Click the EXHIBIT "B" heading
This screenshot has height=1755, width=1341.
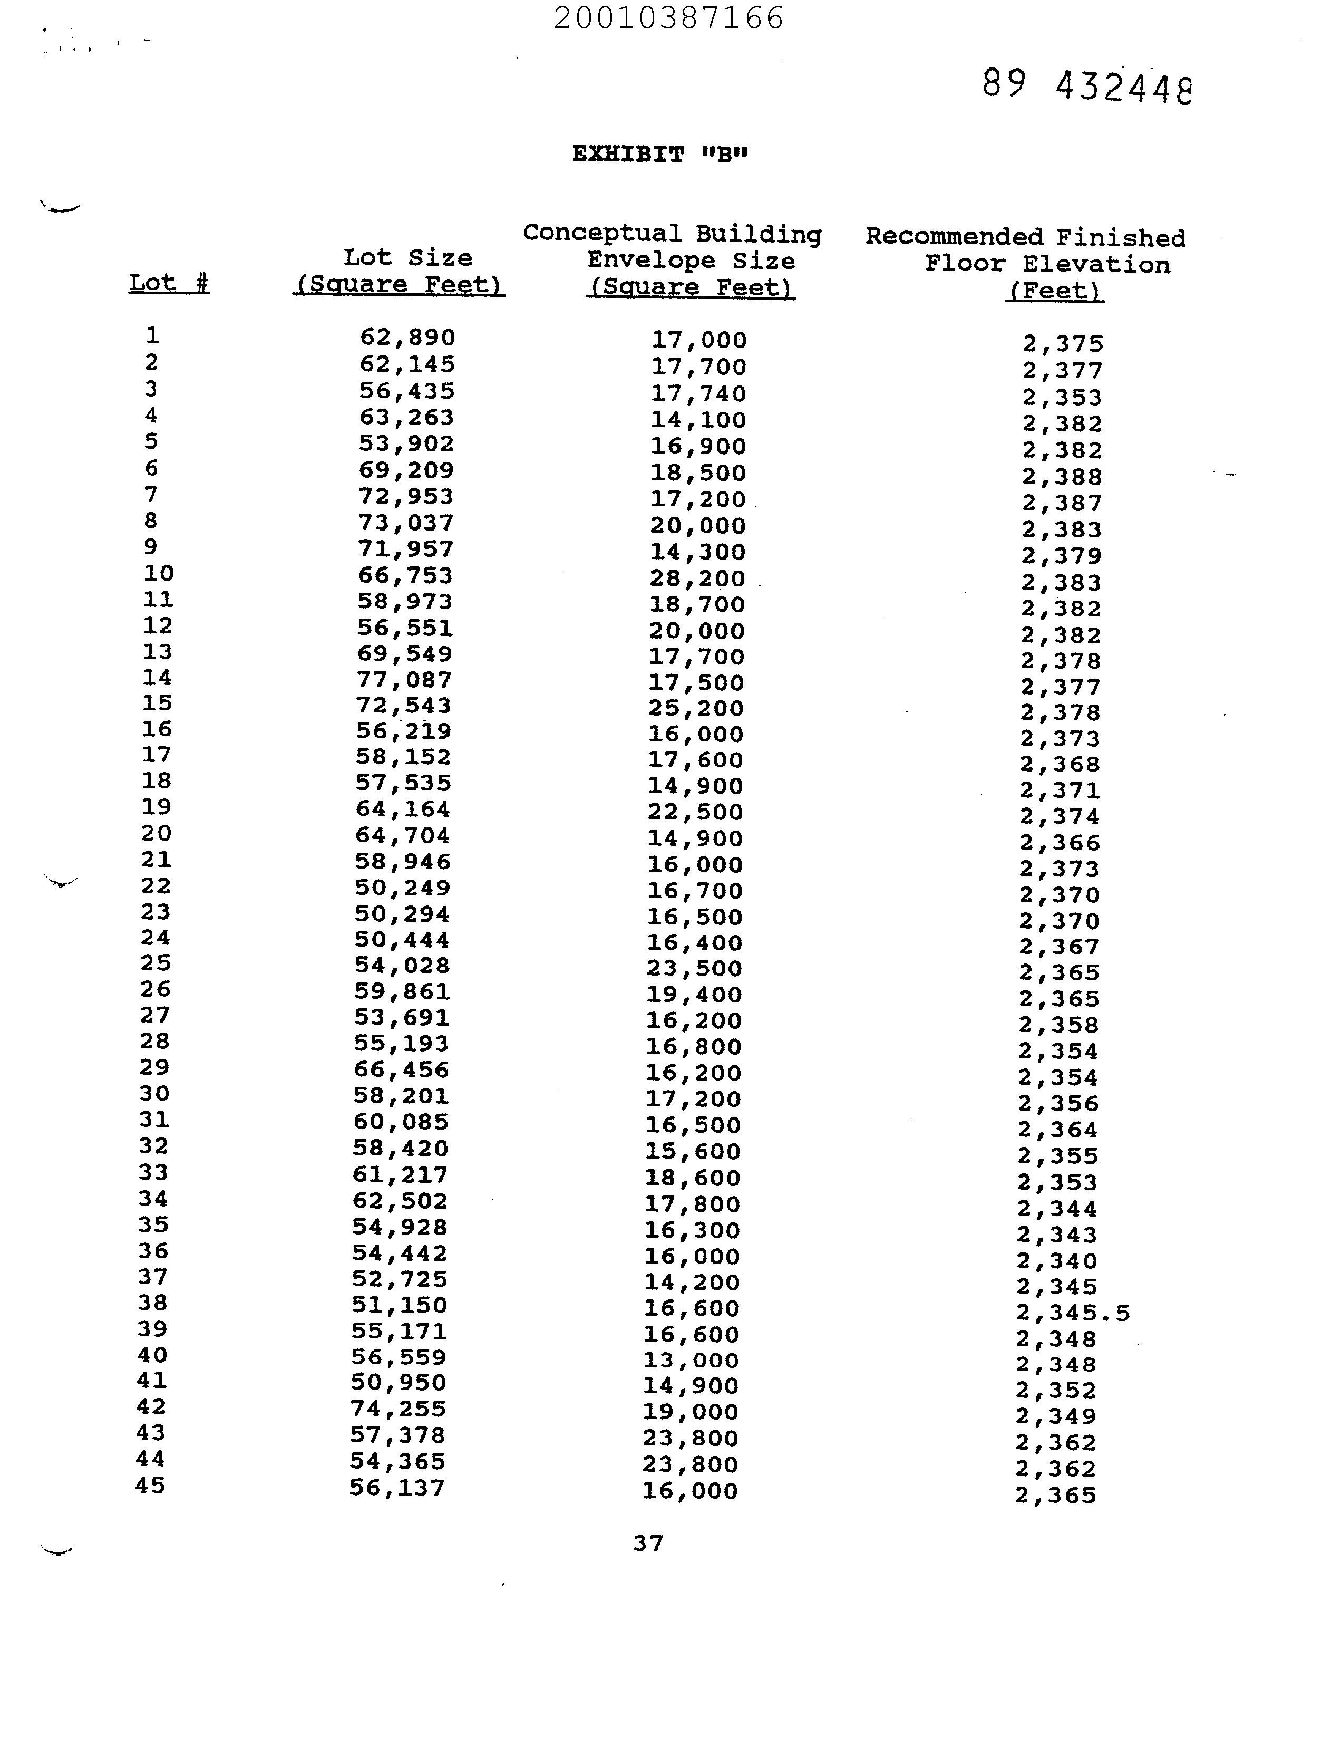coord(660,154)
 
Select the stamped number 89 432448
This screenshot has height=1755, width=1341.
coord(1086,85)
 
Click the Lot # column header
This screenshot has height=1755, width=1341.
coord(169,283)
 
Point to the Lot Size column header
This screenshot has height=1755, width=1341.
coord(399,271)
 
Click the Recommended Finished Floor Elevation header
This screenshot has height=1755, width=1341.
coord(1026,264)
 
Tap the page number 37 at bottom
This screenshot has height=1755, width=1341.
coord(648,1544)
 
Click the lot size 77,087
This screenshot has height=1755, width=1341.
coord(405,680)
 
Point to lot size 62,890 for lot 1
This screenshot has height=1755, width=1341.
coord(407,337)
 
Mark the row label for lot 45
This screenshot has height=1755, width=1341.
coord(151,1486)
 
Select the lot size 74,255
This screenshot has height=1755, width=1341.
coord(399,1409)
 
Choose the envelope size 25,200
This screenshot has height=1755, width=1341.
coord(695,708)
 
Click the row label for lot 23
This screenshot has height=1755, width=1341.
coord(156,912)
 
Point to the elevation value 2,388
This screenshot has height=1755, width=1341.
coord(1063,477)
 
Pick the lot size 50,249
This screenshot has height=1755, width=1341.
coord(403,888)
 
